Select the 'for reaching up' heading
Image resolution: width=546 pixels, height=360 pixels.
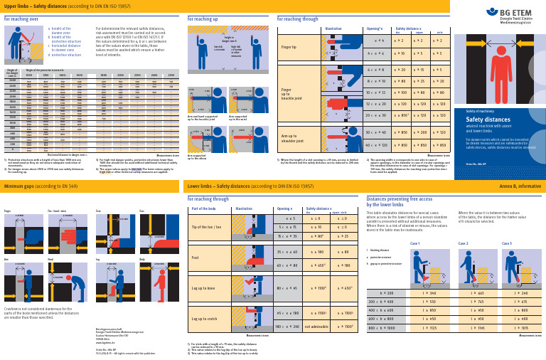coord(203,19)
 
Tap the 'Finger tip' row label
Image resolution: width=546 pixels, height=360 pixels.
coord(289,47)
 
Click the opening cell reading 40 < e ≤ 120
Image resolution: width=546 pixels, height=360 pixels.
coord(374,144)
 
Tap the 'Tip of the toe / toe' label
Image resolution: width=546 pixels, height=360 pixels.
coord(206,226)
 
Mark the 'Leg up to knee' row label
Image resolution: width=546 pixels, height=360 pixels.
coord(203,287)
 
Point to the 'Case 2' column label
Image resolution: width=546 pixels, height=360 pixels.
coord(462,243)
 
